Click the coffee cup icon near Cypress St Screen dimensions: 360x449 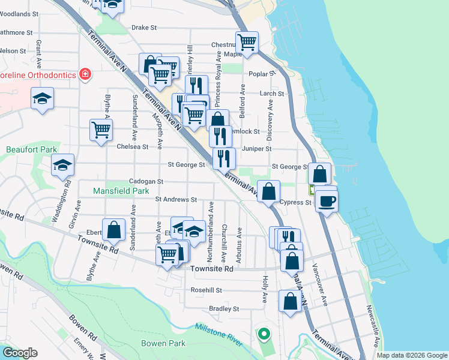click(x=327, y=200)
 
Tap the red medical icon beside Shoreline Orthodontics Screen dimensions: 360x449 click(x=86, y=74)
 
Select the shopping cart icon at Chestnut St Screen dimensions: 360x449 click(x=247, y=42)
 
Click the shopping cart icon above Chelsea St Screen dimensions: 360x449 click(x=101, y=130)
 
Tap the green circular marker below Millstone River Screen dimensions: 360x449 click(x=262, y=334)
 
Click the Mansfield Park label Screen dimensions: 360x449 click(x=121, y=191)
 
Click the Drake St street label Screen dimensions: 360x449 click(x=143, y=28)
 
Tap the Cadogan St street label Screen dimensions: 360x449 click(x=146, y=181)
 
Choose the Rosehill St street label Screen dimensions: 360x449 click(x=206, y=290)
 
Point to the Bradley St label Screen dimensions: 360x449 click(x=224, y=309)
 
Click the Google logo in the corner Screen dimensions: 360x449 click(x=19, y=353)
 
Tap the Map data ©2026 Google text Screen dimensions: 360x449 click(x=411, y=355)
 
